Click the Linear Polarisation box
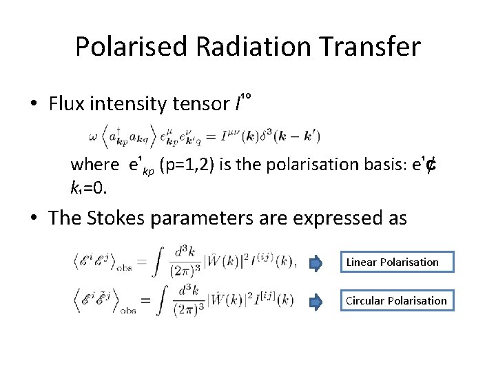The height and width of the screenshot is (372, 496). [391, 262]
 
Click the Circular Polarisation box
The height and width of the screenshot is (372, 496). [395, 300]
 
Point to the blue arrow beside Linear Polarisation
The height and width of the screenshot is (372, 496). [316, 262]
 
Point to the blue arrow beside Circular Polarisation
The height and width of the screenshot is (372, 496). [316, 301]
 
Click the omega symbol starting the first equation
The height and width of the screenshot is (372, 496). [94, 136]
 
